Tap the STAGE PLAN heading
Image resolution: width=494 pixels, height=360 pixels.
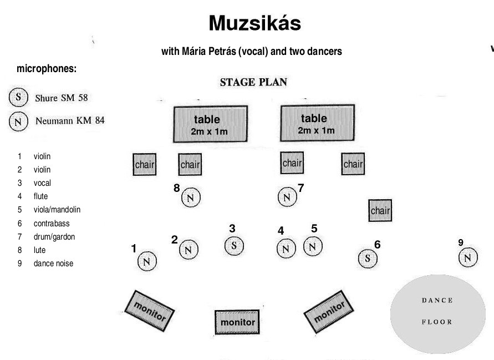(253, 83)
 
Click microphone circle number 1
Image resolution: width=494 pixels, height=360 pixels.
(147, 261)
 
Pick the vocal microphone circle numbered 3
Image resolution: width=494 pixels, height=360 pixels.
(234, 245)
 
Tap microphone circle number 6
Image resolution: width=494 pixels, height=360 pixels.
(366, 258)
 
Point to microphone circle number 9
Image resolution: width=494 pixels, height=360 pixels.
(468, 257)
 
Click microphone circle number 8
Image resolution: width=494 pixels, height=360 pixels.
(190, 197)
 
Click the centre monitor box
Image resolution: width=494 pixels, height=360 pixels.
(238, 322)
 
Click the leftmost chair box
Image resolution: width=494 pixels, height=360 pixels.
(145, 165)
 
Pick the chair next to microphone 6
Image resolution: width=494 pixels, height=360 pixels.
(380, 211)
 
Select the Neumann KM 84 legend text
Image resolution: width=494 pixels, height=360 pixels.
(70, 120)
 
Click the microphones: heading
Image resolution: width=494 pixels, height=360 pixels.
(47, 69)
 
